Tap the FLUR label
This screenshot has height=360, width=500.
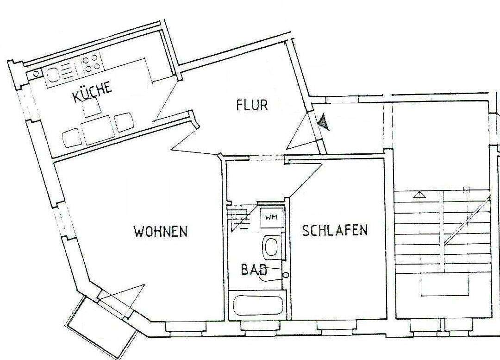(252, 105)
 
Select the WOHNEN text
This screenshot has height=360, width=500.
(161, 231)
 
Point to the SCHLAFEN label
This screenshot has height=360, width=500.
(335, 230)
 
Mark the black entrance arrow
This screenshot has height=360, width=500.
(324, 122)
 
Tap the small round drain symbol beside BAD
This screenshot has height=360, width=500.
(286, 275)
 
